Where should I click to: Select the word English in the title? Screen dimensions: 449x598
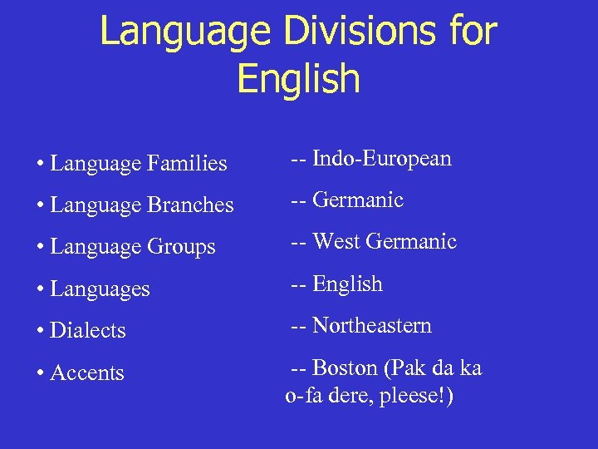coord(298,78)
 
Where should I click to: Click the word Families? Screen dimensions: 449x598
coord(187,164)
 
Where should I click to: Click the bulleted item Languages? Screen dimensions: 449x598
coord(100,289)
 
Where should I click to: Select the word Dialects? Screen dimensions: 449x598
coord(87,331)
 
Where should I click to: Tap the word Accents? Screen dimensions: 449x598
coord(87,373)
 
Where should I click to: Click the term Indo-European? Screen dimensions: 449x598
coord(381,159)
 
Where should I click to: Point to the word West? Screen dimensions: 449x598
coord(336,242)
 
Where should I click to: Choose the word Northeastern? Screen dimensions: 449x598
coord(372,325)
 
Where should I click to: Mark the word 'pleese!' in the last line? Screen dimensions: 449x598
coord(414,397)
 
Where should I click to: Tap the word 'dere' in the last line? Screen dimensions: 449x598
coord(348,397)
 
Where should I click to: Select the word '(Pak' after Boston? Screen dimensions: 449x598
coord(404,368)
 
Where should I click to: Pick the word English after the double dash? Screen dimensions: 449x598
coord(347,284)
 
